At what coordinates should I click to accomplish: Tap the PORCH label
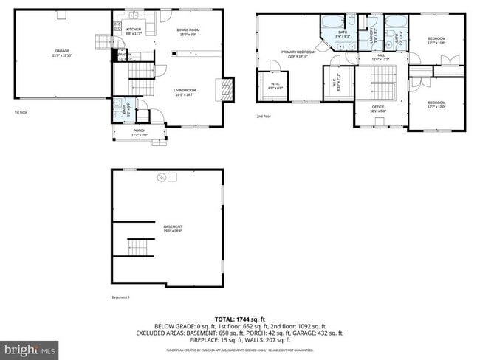[139, 133]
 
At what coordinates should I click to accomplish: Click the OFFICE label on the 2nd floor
[378, 108]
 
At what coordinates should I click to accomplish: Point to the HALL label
[381, 57]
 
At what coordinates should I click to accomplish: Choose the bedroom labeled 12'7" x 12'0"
[436, 104]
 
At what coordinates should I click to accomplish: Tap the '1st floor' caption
[20, 112]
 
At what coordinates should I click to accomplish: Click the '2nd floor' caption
[264, 116]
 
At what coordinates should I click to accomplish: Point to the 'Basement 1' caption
[120, 297]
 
